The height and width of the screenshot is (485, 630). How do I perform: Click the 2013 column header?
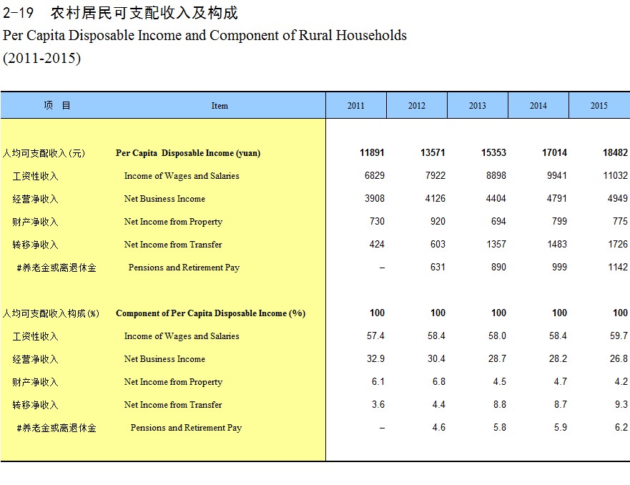point(477,106)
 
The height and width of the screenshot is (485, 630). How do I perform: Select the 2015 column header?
point(599,106)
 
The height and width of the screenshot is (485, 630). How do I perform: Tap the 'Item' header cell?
point(220,106)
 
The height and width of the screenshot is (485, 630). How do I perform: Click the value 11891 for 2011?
point(372,152)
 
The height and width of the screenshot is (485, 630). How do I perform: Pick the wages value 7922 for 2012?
point(435,175)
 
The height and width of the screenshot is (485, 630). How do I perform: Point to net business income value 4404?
point(496,198)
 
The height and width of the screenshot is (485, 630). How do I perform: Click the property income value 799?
point(559,222)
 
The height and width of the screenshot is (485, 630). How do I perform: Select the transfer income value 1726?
point(618,245)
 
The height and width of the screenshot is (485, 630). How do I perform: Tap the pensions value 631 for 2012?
point(438,268)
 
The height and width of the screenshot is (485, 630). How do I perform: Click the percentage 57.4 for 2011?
point(375,336)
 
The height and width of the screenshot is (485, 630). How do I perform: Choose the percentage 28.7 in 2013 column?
point(497,359)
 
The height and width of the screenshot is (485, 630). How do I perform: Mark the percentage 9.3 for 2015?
point(621,405)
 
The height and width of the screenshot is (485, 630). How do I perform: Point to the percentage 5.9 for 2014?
point(561,428)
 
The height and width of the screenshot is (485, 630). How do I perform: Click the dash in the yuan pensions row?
point(382,268)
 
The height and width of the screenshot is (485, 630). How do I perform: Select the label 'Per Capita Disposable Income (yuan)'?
point(188,153)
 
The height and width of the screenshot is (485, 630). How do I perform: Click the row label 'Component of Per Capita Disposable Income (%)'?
point(210,313)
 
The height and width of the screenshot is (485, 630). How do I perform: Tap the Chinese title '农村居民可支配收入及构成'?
point(144,13)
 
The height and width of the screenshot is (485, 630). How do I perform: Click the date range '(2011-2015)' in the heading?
point(41,58)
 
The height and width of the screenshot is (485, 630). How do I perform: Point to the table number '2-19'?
point(18,13)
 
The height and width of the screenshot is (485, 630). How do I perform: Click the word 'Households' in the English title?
point(371,35)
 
